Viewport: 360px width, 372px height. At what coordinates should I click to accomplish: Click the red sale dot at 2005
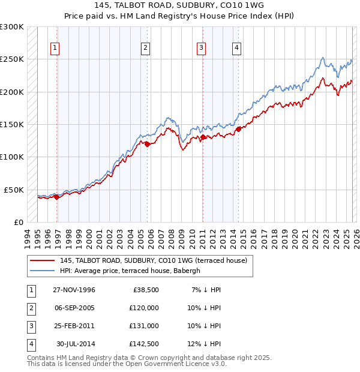click(x=147, y=144)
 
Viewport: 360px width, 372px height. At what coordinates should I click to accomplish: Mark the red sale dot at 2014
click(x=238, y=129)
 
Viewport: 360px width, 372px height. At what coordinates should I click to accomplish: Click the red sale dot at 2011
click(x=203, y=137)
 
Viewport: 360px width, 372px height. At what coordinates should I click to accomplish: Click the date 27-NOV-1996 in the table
click(x=74, y=290)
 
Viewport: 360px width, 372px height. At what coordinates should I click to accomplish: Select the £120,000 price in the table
click(x=144, y=308)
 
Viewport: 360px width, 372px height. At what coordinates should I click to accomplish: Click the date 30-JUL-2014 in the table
click(x=76, y=344)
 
